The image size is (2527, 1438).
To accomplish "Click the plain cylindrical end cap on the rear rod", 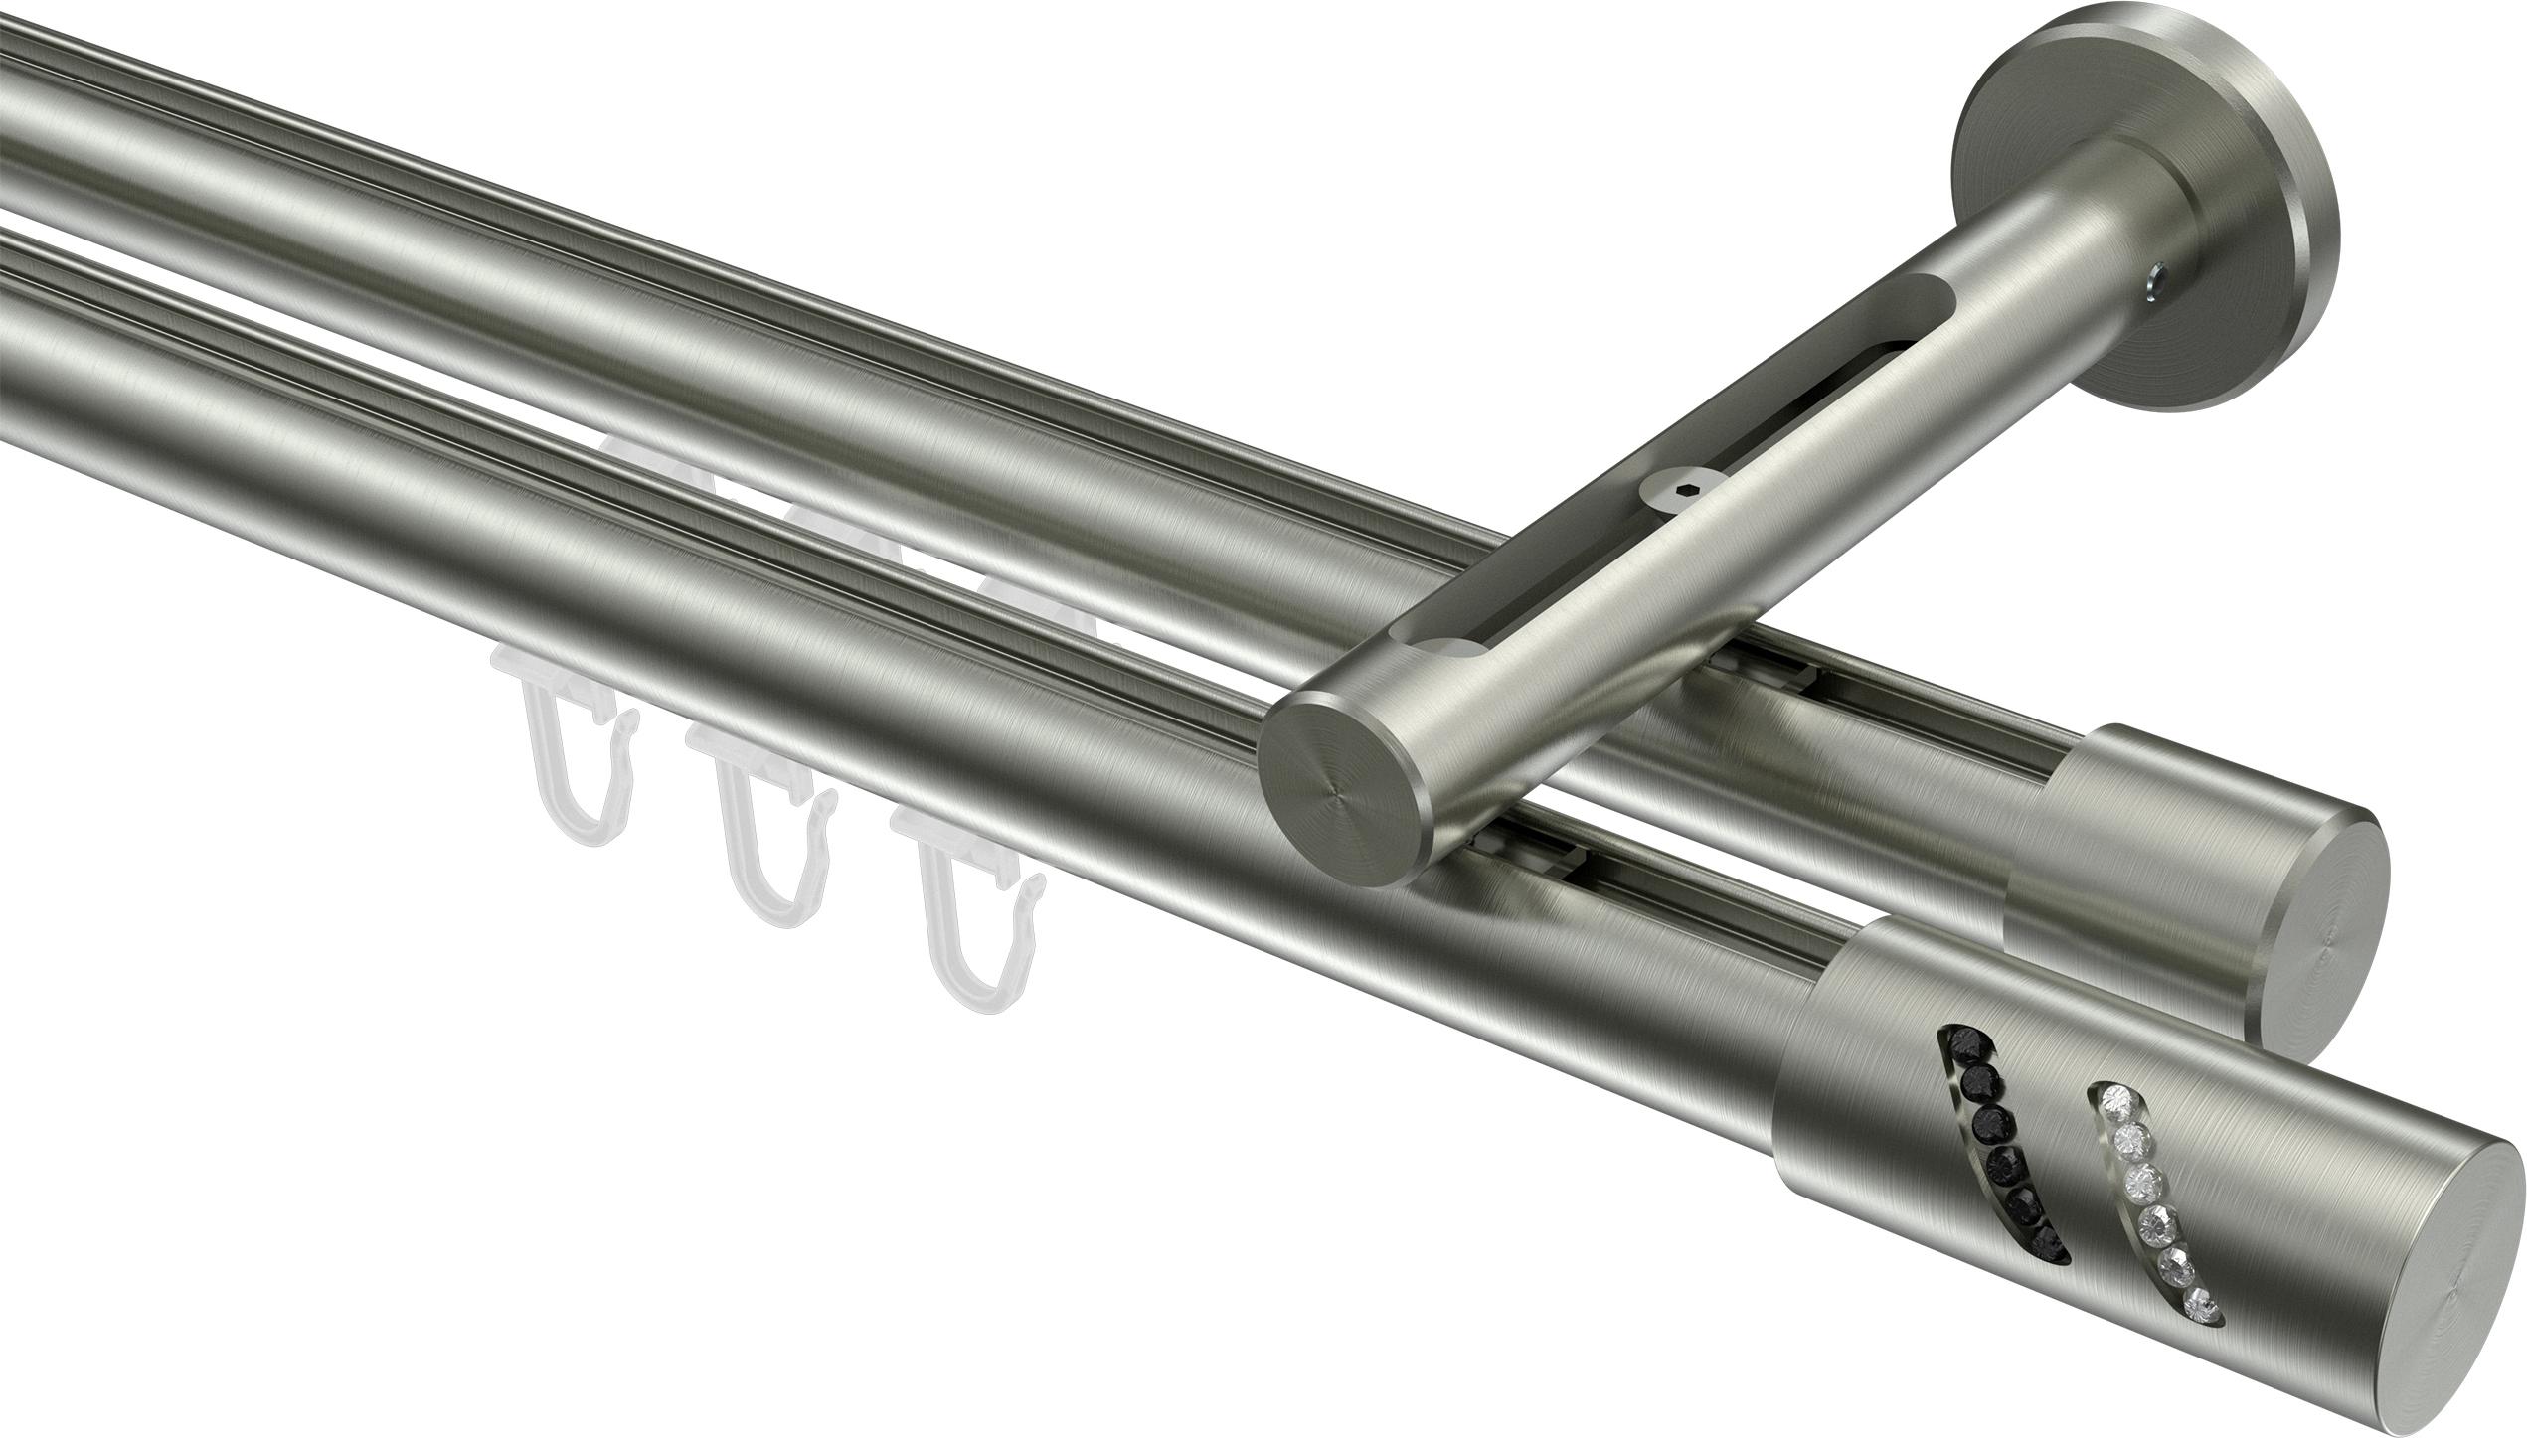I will (2098, 855).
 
